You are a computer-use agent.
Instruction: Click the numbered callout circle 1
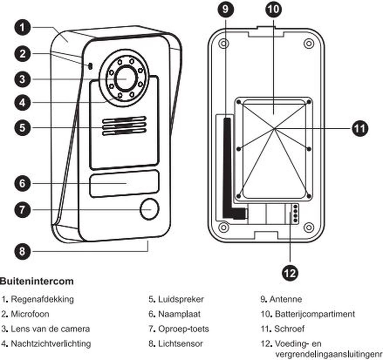coord(22,27)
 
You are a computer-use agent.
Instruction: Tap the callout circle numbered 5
coord(22,128)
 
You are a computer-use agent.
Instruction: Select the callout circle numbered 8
coord(22,251)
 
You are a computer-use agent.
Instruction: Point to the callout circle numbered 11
coord(360,129)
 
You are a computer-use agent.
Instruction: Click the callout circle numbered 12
coord(290,273)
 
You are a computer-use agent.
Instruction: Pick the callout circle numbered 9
coord(226,9)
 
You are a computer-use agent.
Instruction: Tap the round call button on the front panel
coord(150,209)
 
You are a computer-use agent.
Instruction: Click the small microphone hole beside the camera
coord(90,66)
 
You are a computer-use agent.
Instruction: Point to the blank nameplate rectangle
coord(124,184)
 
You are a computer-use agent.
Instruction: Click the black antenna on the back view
coord(227,166)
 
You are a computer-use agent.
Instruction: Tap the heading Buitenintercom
coord(37,281)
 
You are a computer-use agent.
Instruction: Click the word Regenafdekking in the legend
coord(42,299)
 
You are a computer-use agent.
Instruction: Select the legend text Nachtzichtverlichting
coord(51,344)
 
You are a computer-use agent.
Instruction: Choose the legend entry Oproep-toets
coord(184,329)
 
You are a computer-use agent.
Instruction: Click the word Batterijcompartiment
coord(315,314)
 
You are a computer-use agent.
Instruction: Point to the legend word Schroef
coord(289,329)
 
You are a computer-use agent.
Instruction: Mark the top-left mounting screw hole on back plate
coord(224,43)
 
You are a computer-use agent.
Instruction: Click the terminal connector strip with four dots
coord(295,213)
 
